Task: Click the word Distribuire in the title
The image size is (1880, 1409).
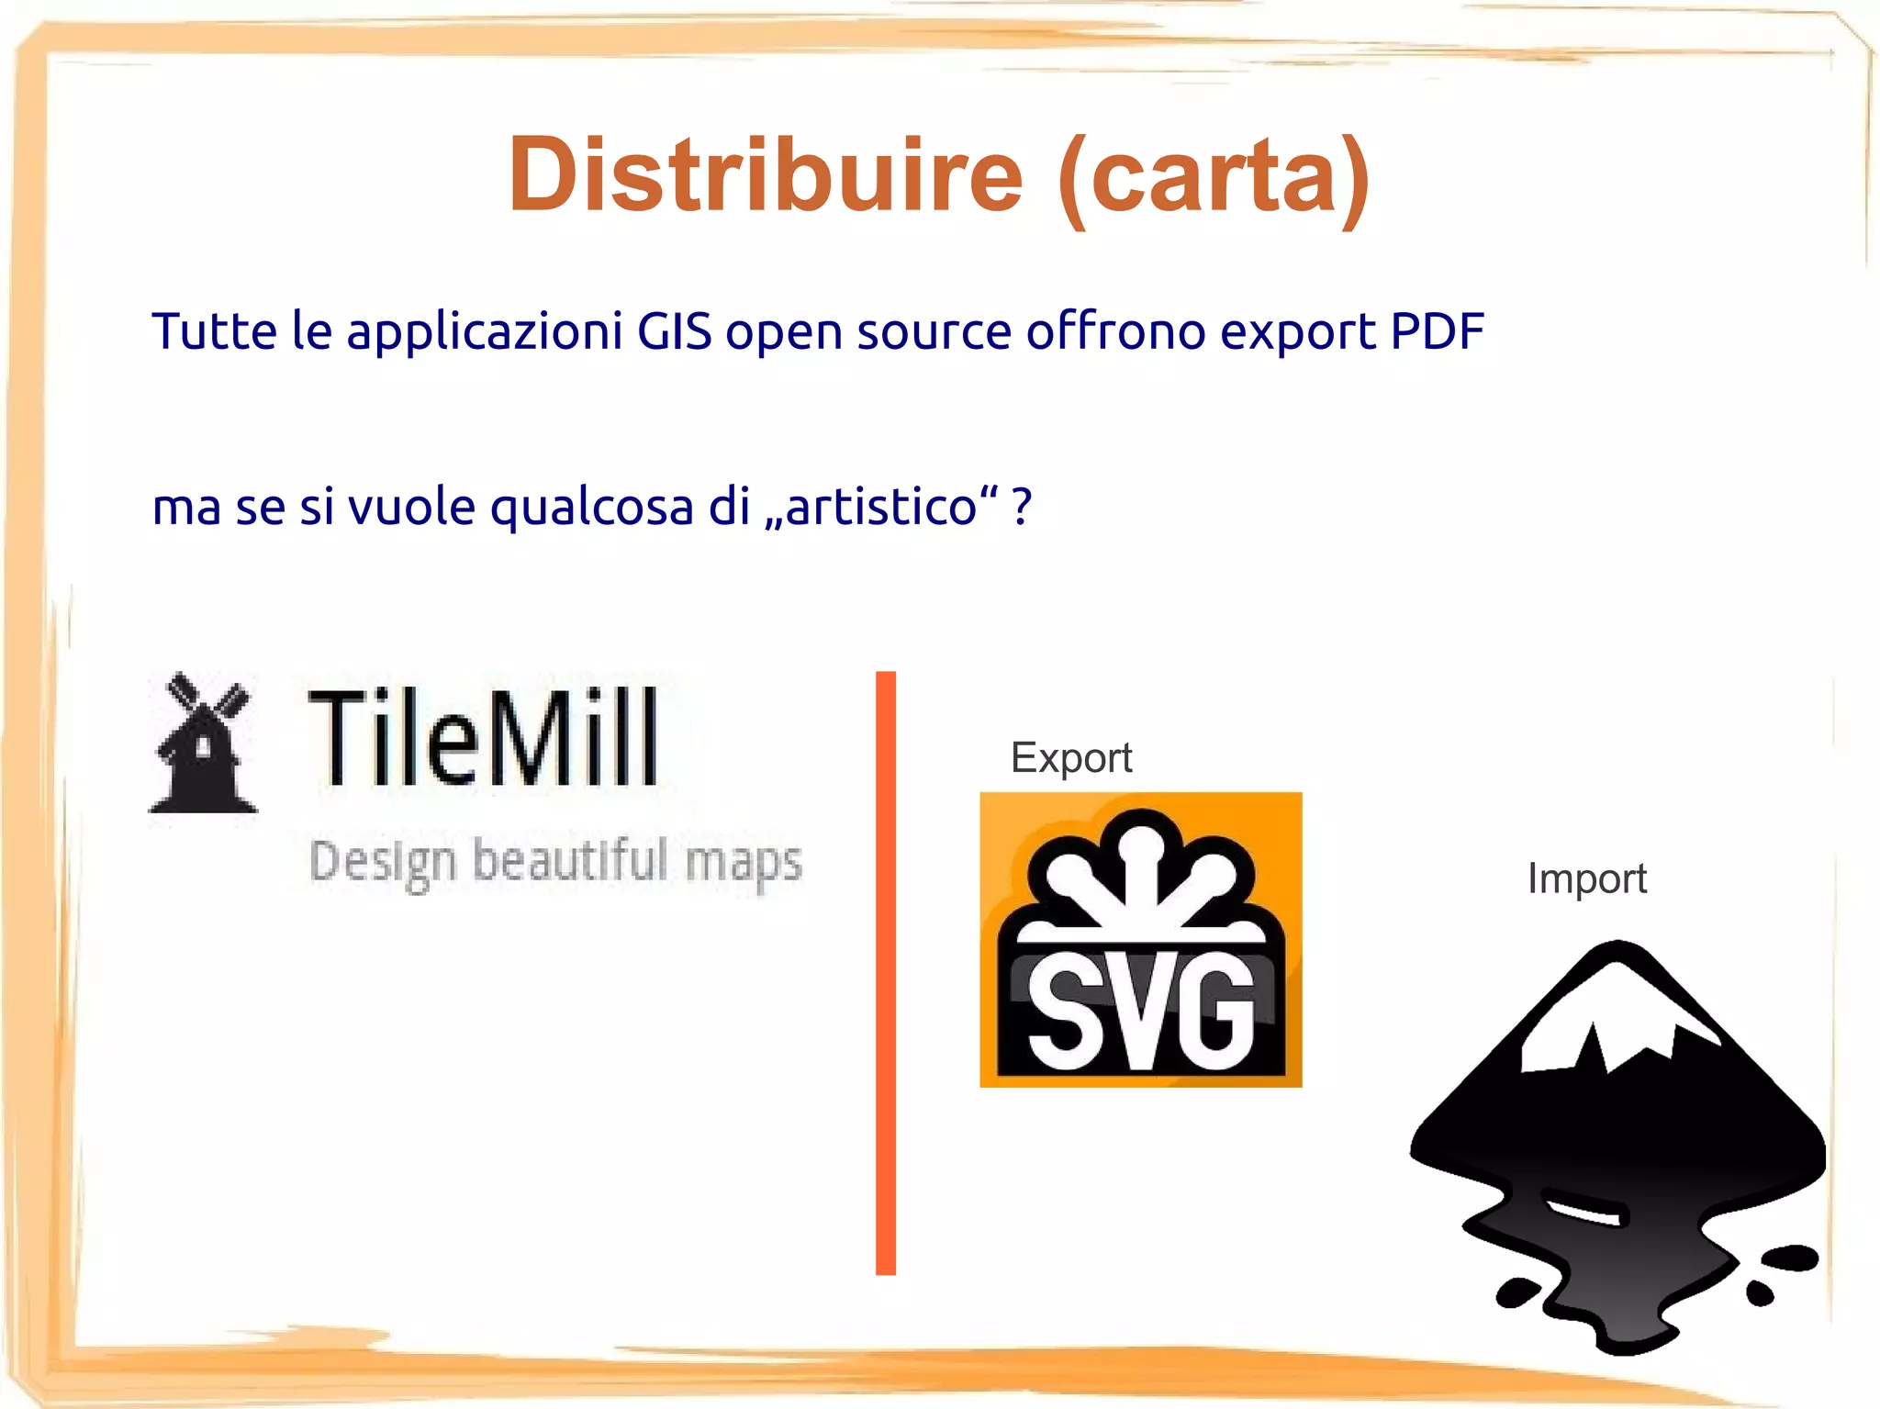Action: (765, 174)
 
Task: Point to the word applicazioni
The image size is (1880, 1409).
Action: (485, 332)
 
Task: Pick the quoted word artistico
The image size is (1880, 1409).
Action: (881, 507)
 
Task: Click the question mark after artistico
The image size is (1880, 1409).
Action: (1022, 507)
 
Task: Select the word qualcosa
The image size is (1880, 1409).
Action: (591, 509)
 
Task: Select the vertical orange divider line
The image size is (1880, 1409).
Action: (886, 973)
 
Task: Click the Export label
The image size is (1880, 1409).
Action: (1070, 758)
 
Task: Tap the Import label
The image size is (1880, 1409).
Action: (1586, 878)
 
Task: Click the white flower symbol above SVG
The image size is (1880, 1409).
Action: (1141, 872)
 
